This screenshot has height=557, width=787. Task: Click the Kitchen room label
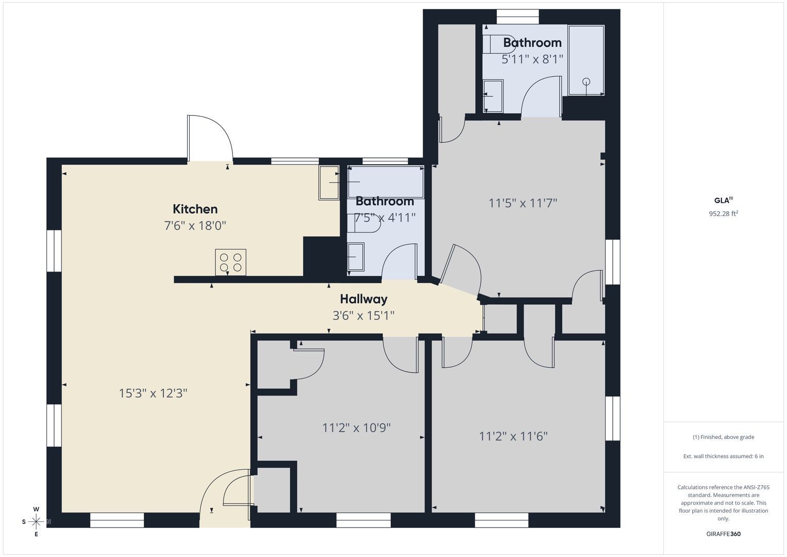point(195,209)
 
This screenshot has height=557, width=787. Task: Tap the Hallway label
point(364,299)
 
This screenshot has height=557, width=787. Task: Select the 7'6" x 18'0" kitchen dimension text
point(195,225)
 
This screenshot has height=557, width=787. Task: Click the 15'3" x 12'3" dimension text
point(153,393)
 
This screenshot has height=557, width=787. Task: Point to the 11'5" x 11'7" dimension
point(523,203)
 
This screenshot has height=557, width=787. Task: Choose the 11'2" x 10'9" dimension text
point(356,428)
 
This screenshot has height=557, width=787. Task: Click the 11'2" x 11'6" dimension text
point(513,436)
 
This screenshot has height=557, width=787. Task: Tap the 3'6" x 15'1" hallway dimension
point(363,316)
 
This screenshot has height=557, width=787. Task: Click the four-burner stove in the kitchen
point(230,263)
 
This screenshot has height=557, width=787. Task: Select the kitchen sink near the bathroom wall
point(329,183)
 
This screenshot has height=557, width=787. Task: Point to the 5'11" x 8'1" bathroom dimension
point(532,59)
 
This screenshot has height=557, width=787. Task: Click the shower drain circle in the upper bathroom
point(586,81)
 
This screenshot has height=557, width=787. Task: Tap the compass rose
point(36,522)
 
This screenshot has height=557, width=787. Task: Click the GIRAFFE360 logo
point(724,534)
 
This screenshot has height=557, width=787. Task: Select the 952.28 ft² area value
point(724,214)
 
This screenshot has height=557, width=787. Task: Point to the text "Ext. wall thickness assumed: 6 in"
point(724,456)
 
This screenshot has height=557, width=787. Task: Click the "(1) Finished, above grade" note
point(724,437)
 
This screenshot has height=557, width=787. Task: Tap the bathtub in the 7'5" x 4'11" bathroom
point(386,182)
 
